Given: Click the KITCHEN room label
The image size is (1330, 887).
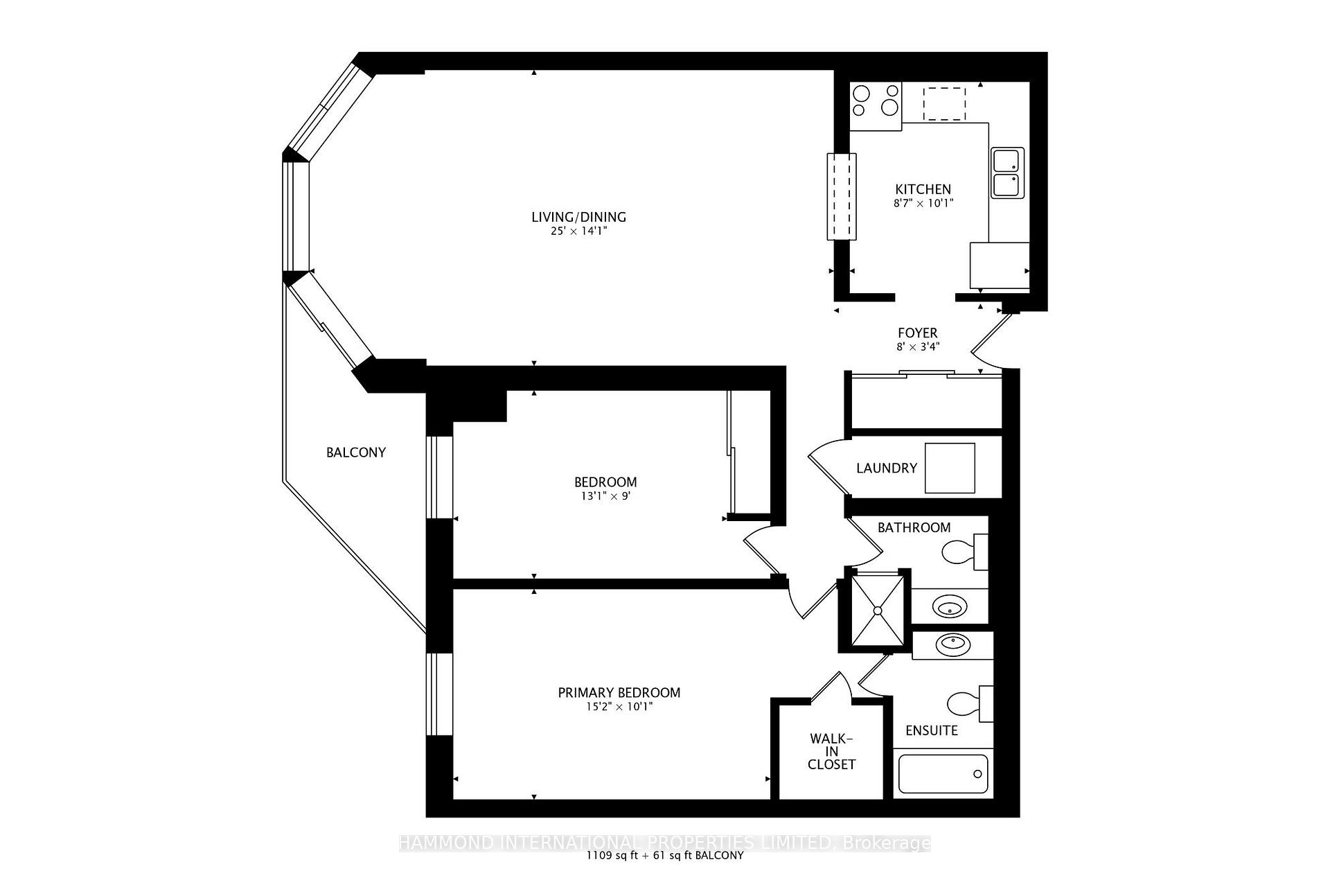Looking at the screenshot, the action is coord(923,189).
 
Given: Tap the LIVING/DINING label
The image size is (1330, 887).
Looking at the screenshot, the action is coord(578,217).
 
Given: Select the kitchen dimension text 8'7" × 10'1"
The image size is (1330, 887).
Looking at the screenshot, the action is coord(923,204).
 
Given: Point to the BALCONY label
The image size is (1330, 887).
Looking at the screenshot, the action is coord(356,453).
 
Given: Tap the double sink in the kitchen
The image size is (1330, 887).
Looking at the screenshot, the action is coord(1007,173).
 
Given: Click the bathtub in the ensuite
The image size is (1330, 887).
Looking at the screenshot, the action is coord(943,773).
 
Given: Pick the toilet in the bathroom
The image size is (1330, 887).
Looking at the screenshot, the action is coord(964,552).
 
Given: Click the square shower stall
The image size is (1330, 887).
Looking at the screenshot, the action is coord(877,610).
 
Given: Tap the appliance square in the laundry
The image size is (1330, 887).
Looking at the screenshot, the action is coord(950,468).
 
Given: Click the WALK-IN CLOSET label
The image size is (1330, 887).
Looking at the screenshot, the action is coord(831,752).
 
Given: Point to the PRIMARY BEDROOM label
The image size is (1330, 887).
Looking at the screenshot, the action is coord(619,692).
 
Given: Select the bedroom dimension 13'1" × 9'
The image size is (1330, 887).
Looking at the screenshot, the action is coord(605,496).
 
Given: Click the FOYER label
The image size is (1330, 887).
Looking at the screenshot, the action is coord(918,333).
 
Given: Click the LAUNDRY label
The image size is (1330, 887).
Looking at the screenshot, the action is coord(887,468).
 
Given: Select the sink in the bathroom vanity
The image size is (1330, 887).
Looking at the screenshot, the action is coord(948,607).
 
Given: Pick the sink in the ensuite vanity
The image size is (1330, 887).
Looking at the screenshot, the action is coord(953,645).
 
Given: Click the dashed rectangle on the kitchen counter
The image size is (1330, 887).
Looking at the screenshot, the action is coord(944,103).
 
